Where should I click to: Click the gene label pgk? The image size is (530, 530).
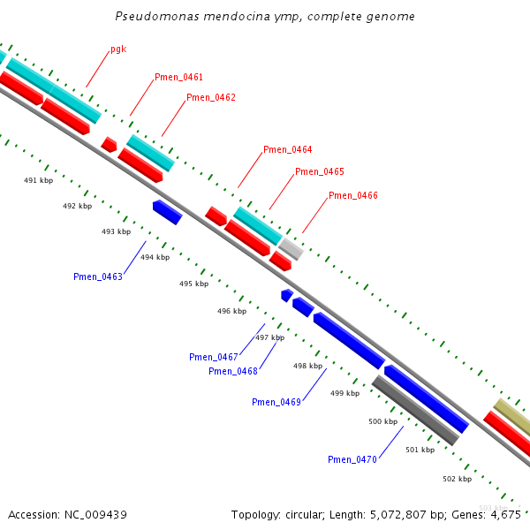coord(118,49)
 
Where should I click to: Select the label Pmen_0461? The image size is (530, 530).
coord(178,78)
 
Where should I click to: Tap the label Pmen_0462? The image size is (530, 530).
coord(211,97)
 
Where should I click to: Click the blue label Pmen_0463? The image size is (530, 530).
coord(98,277)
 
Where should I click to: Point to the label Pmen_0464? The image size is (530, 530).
coord(287,150)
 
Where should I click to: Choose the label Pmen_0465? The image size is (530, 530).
coord(320,172)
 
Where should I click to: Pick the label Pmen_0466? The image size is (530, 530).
coord(353,195)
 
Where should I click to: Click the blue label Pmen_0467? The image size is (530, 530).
coord(214,358)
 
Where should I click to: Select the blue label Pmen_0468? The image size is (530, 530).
coord(233,372)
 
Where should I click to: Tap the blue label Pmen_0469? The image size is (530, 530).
coord(276,403)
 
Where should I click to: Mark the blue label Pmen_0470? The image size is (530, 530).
coord(352,460)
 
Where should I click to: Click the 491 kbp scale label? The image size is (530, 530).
coord(38,180)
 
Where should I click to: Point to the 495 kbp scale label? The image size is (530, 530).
coord(193,284)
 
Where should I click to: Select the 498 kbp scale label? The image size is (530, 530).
coord(307,366)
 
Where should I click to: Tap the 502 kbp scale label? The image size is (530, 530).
coord(457,479)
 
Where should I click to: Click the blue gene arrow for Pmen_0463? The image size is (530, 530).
coord(167,212)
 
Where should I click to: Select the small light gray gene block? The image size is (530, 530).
coord(291,249)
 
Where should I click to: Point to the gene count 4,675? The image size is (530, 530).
coord(502,514)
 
